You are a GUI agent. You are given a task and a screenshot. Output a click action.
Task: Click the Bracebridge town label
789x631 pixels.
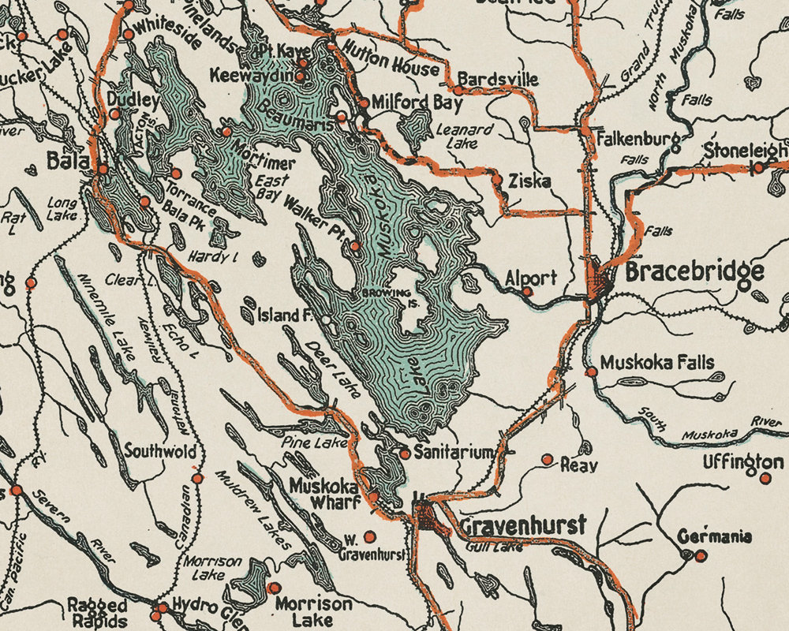pos(694,271)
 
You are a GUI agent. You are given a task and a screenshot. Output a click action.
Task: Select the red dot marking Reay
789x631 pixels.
pos(547,459)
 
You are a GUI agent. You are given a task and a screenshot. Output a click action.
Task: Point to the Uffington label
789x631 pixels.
pos(743,461)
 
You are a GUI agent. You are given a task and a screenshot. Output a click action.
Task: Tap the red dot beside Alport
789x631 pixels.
pos(528,291)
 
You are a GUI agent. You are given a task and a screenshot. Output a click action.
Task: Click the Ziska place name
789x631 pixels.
pos(529,181)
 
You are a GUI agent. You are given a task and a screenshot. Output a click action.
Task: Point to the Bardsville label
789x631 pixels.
pos(498,80)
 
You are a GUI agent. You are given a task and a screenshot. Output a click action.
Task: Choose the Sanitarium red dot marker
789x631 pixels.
pos(405,454)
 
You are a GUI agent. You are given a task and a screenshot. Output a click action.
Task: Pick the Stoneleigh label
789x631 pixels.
pos(746,149)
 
